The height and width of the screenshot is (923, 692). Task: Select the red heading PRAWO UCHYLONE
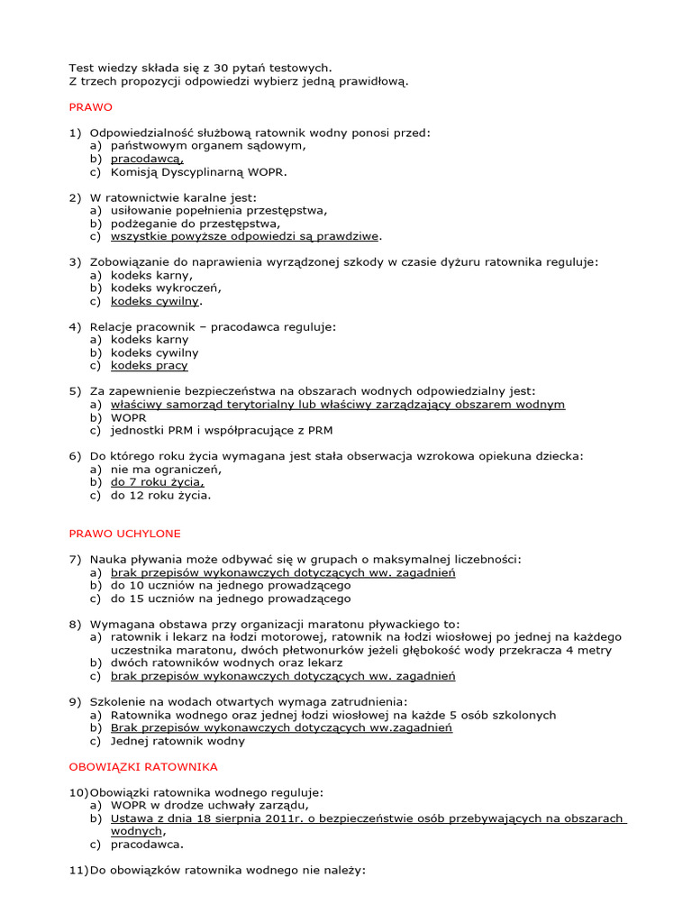pyautogui.click(x=125, y=534)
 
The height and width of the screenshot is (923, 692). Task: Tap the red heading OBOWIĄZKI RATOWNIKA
pyautogui.click(x=143, y=767)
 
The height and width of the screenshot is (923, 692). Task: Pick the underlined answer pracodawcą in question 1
pyautogui.click(x=147, y=159)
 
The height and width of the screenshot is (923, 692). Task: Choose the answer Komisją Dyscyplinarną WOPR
pyautogui.click(x=199, y=171)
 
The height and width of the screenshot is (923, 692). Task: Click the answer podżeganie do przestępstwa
pyautogui.click(x=196, y=224)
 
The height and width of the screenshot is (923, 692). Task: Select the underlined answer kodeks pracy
pyautogui.click(x=150, y=366)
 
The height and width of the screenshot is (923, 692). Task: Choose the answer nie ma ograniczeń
pyautogui.click(x=166, y=470)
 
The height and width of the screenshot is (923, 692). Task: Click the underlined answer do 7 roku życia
pyautogui.click(x=151, y=482)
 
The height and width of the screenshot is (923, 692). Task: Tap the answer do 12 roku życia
pyautogui.click(x=161, y=496)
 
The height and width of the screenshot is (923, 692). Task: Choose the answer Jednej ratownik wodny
pyautogui.click(x=178, y=741)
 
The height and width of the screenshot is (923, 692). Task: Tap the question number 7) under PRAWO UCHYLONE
pyautogui.click(x=76, y=560)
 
